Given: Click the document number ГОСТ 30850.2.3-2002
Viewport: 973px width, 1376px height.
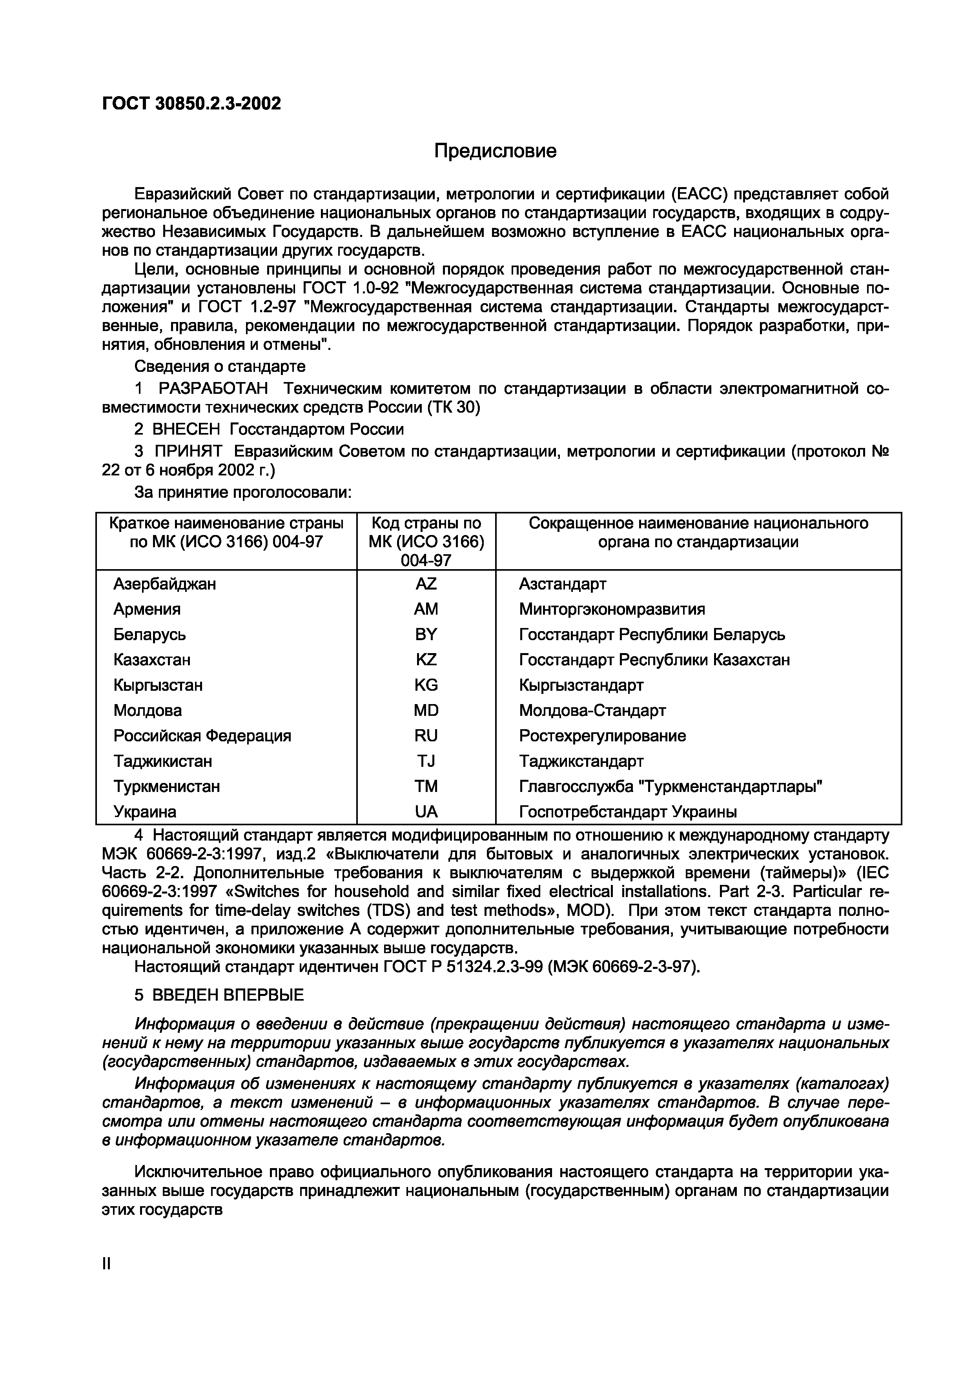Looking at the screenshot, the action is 191,104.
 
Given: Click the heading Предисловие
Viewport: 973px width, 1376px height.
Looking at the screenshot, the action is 495,151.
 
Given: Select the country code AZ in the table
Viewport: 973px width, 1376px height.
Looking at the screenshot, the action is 426,584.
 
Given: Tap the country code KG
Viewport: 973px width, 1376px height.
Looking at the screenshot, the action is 426,685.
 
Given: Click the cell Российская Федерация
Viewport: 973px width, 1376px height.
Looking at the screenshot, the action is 202,735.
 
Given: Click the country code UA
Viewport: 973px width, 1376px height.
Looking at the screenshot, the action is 426,812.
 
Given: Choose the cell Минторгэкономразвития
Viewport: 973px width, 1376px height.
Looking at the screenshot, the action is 612,609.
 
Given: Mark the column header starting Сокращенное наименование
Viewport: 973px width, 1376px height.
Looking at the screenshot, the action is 698,533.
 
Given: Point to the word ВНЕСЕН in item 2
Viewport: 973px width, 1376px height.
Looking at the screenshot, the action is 187,429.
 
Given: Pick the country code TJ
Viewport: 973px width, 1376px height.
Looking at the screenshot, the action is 426,761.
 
